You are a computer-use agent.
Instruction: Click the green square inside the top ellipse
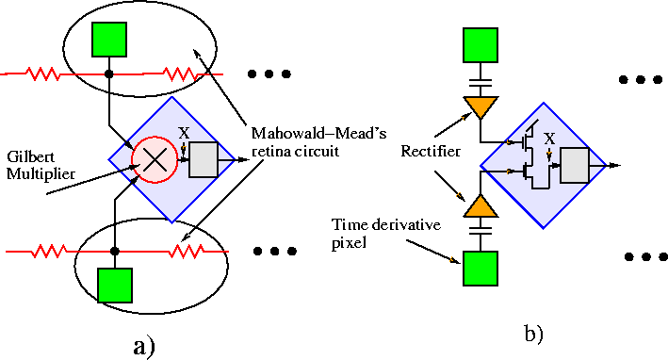coord(109,39)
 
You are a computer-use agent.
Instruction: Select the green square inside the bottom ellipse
coord(114,285)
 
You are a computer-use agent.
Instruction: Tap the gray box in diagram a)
coord(203,160)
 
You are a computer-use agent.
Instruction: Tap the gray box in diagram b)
coord(574,166)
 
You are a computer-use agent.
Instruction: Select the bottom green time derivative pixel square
coord(481,267)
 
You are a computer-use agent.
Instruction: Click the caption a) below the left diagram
coord(142,346)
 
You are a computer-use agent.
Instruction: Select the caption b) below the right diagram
coord(534,333)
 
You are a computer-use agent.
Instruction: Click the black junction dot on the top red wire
coord(109,73)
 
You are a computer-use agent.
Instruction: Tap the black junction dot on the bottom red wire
coord(114,251)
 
